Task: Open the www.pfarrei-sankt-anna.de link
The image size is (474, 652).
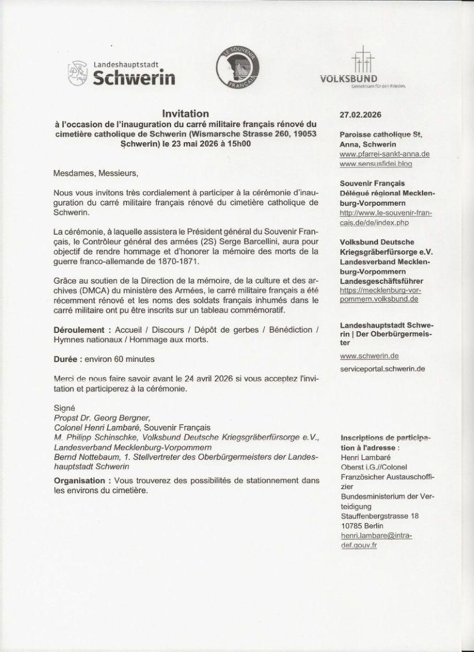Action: (384, 154)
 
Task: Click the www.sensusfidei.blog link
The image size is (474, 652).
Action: (376, 165)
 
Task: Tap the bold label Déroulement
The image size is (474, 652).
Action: (80, 330)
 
